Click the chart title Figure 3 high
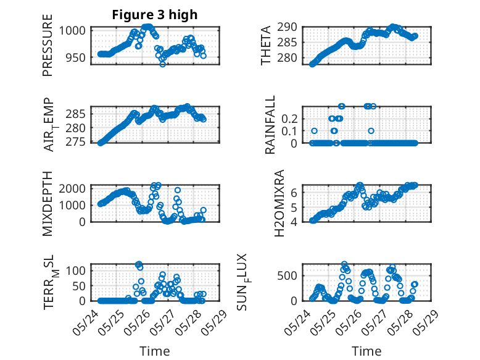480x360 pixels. (154, 15)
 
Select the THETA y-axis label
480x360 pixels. (266, 46)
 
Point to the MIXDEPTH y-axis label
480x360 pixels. (48, 203)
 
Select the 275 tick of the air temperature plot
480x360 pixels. (77, 143)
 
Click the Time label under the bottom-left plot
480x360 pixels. (154, 351)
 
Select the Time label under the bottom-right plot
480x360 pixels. (366, 351)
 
